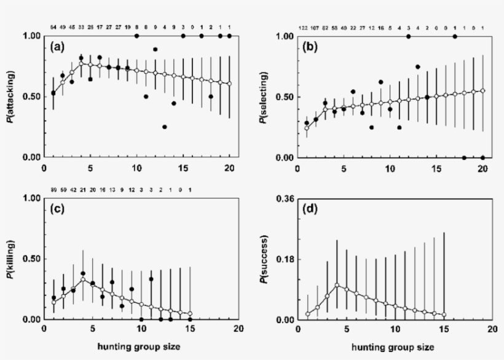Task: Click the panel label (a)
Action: coord(60,48)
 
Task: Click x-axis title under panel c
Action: coord(139,347)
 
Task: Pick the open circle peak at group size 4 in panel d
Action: coord(337,285)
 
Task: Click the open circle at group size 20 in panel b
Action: coord(482,90)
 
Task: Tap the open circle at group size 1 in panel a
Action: coord(53,93)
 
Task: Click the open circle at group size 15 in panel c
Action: coord(191,313)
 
